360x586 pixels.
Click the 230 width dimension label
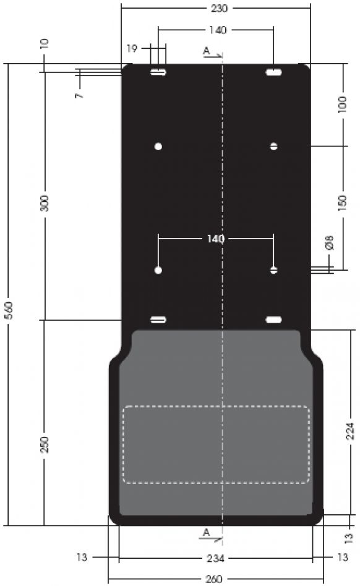(215, 9)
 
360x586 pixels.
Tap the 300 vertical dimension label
(45, 203)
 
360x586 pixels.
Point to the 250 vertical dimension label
(45, 444)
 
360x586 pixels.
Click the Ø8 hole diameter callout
(330, 242)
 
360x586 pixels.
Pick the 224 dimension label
(349, 431)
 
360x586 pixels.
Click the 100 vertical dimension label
(343, 103)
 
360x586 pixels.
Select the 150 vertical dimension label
(343, 203)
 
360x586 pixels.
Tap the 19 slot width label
(132, 48)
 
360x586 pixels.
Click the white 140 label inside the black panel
(215, 238)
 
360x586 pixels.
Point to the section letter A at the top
(207, 51)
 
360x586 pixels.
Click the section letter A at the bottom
(207, 532)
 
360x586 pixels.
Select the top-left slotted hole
(158, 73)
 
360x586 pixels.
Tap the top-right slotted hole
(273, 73)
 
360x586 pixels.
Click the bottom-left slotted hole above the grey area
(158, 320)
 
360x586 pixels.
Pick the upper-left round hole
(158, 146)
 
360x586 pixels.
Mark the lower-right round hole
(273, 270)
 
